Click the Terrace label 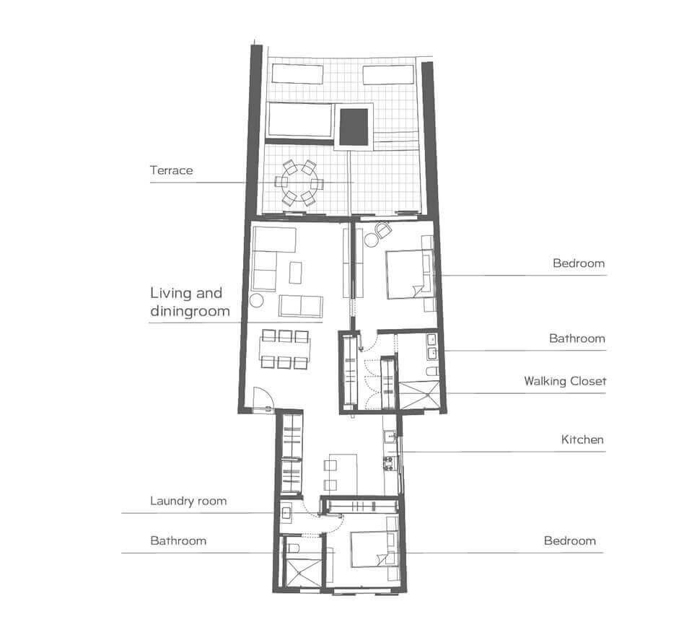point(171,170)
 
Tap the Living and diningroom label point(190,302)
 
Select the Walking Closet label point(565,381)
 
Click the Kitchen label point(582,440)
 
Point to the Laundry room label point(188,501)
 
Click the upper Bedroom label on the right point(579,263)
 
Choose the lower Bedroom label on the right point(570,541)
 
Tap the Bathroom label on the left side point(178,541)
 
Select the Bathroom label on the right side point(577,338)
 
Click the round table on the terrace point(299,183)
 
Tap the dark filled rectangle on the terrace point(354,126)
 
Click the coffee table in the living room point(295,273)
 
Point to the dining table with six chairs point(285,349)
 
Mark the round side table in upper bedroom point(371,240)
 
